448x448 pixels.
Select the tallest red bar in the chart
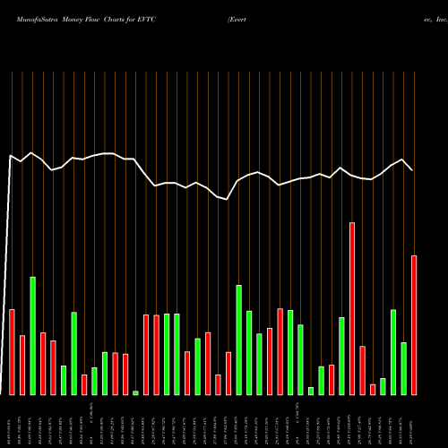[352, 308]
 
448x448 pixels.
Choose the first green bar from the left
[33, 335]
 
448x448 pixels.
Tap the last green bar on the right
[403, 368]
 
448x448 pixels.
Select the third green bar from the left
[74, 353]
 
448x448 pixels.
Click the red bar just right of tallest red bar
[362, 370]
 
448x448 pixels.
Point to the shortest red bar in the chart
[373, 389]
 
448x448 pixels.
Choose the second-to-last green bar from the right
[393, 351]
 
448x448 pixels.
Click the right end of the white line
[413, 170]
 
